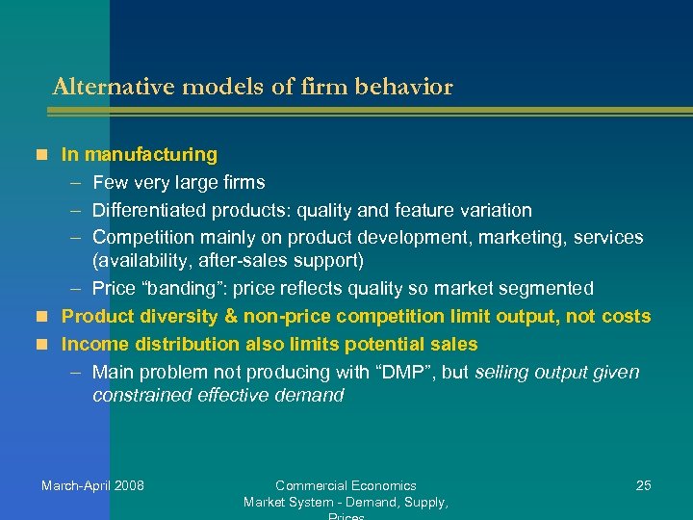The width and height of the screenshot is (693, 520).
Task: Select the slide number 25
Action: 644,485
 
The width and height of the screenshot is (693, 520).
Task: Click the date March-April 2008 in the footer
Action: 92,485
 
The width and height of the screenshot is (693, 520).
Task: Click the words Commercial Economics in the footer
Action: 346,485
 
